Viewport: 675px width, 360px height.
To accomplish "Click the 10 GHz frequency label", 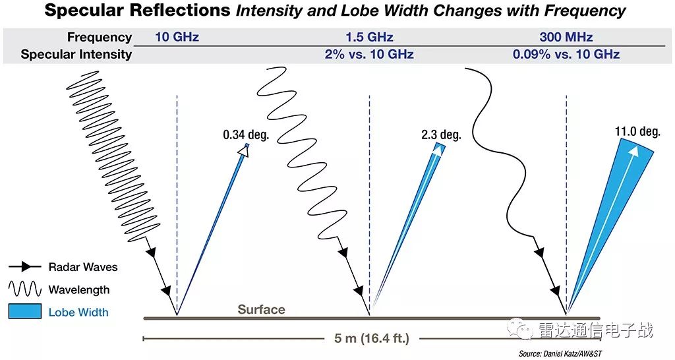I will coord(177,37).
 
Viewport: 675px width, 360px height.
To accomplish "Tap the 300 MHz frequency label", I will coord(566,37).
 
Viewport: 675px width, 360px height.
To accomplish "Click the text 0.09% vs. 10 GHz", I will coord(566,55).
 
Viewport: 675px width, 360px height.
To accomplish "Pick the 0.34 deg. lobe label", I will coord(246,135).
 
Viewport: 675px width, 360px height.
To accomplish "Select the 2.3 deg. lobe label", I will coord(440,135).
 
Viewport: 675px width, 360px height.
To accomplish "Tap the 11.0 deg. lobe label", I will coord(637,132).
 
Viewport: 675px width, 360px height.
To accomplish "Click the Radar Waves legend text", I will coord(83,267).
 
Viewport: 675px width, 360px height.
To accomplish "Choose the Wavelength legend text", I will coord(79,289).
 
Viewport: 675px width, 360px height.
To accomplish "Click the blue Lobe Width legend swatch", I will coord(26,312).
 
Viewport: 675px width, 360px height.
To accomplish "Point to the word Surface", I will coord(262,309).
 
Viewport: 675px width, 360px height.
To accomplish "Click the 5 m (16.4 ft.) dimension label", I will coord(372,339).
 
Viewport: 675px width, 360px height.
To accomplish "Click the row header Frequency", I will coord(100,37).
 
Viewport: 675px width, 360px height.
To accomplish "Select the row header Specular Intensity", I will coord(76,55).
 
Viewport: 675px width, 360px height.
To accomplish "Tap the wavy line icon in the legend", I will coord(26,289).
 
